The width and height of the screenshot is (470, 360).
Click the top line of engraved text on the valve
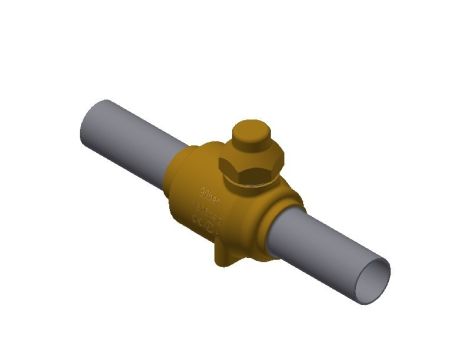tap(209, 187)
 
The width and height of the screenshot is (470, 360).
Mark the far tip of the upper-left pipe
tap(84, 112)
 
